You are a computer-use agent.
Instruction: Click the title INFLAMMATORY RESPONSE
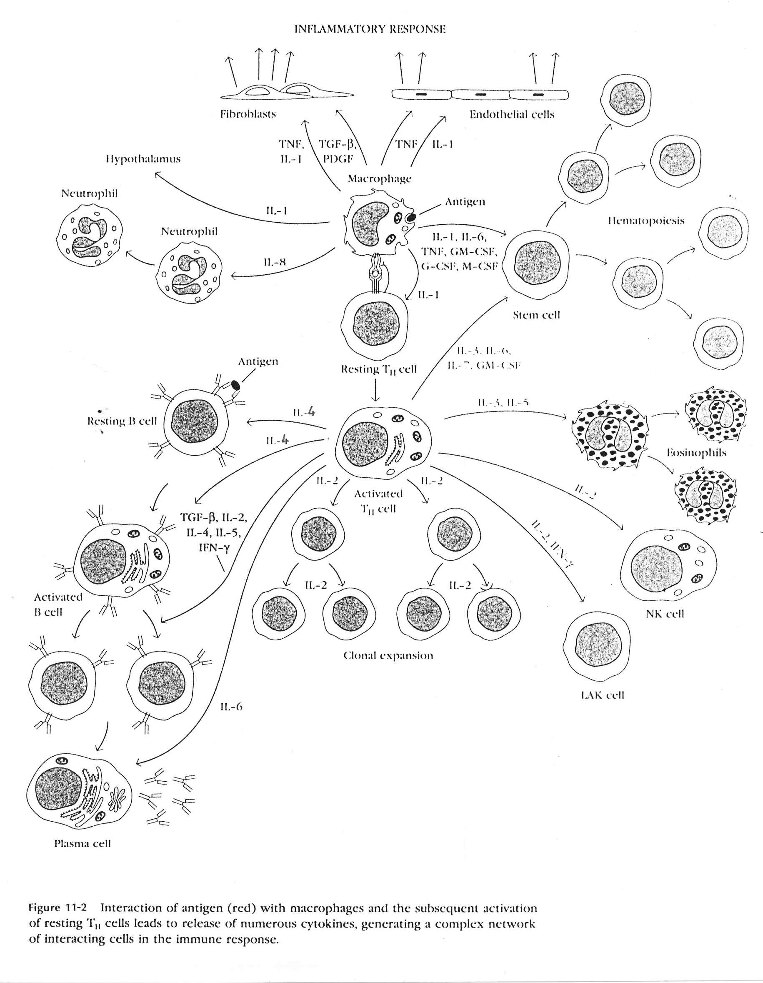pyautogui.click(x=370, y=30)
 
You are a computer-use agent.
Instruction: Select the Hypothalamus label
pyautogui.click(x=143, y=159)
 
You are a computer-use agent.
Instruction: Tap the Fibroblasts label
pyautogui.click(x=248, y=114)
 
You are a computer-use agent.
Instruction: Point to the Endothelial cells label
pyautogui.click(x=512, y=115)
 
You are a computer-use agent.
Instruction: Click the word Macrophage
pyautogui.click(x=379, y=179)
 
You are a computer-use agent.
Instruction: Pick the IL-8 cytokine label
pyautogui.click(x=275, y=262)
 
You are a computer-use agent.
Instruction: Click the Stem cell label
pyautogui.click(x=536, y=315)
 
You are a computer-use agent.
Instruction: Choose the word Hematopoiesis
pyautogui.click(x=645, y=221)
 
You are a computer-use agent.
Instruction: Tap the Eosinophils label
pyautogui.click(x=696, y=453)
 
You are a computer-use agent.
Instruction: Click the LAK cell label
pyautogui.click(x=603, y=695)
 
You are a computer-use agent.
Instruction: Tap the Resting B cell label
pyautogui.click(x=122, y=422)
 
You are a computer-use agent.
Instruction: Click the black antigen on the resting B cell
pyautogui.click(x=236, y=386)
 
